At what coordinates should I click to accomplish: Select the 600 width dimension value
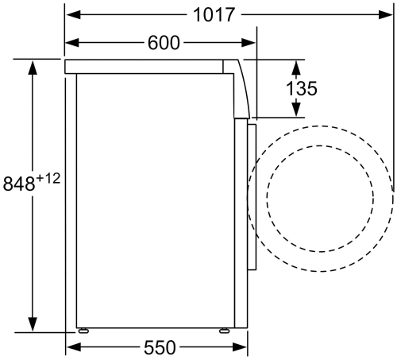click(164, 43)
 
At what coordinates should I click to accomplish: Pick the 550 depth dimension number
click(160, 347)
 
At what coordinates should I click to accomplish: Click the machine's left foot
click(82, 328)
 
